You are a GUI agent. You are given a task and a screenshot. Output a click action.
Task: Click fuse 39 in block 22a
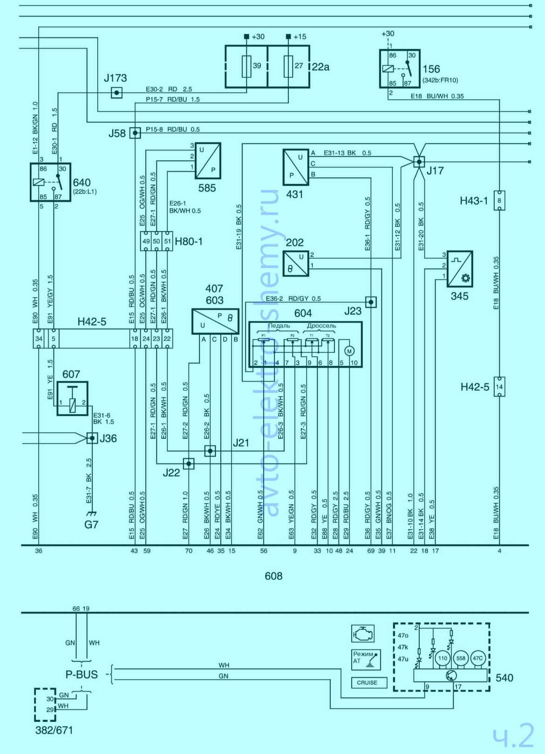coord(247,67)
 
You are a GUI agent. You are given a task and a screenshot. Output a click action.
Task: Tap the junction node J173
coord(117,93)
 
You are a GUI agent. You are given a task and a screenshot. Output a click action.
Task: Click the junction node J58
coord(135,133)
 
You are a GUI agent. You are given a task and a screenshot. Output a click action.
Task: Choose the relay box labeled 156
coord(399,68)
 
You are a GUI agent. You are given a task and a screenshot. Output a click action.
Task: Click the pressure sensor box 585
coord(207,161)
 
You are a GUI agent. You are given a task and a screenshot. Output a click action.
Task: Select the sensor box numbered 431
coord(296,167)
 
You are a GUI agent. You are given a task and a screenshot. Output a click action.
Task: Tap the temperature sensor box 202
coord(296,264)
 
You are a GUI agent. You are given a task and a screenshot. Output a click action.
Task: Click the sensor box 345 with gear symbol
coord(460,269)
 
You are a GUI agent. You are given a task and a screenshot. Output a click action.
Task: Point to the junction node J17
coord(419,162)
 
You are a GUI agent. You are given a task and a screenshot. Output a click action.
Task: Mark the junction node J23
coord(371,302)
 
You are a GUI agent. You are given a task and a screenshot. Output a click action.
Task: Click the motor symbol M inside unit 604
coord(349,350)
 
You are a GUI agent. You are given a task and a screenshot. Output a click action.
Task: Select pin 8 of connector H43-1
coord(499,201)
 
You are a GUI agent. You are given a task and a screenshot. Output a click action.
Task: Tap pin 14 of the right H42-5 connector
coord(499,386)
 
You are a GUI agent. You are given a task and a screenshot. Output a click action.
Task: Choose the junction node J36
coord(92,438)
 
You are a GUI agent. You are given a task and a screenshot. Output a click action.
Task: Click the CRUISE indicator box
coord(367,683)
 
